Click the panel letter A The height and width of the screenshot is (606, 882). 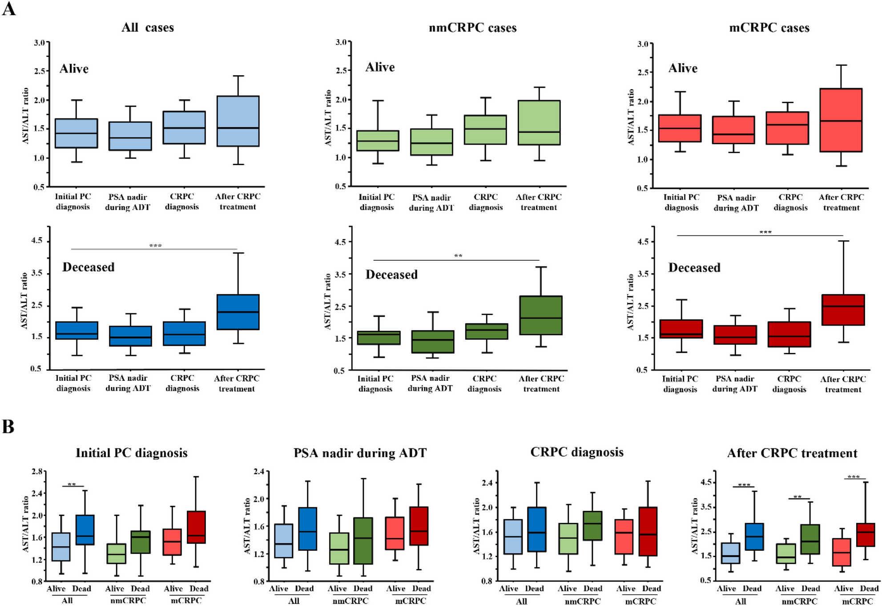pos(9,8)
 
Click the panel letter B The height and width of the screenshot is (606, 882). pos(8,426)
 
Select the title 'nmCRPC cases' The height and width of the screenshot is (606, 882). pos(472,28)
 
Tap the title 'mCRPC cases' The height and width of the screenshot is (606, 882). pos(769,28)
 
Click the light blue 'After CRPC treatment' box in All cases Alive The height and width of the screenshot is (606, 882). pos(238,121)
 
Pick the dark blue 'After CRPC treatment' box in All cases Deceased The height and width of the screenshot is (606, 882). pos(238,312)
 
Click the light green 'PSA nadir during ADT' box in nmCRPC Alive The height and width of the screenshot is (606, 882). pos(431,142)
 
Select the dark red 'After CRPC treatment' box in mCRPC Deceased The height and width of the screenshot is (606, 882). pos(843,310)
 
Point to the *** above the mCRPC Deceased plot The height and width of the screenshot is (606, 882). pos(765,232)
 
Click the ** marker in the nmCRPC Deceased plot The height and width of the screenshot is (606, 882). pos(458,256)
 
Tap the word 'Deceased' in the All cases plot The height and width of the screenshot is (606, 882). pos(88,267)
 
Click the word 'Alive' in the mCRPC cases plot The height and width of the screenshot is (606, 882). pos(683,68)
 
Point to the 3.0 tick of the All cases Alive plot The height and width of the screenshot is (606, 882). pos(40,43)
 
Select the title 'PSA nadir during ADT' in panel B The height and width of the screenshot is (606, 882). pos(360,453)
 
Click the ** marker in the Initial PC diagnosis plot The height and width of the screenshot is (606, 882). pos(72,485)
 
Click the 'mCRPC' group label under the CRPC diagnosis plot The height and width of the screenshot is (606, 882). pos(640,601)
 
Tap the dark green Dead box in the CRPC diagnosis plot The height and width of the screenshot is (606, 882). pos(592,525)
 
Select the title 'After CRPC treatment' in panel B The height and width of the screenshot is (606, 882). pos(792,453)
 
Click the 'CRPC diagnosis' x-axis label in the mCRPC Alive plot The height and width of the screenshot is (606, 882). pos(790,202)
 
